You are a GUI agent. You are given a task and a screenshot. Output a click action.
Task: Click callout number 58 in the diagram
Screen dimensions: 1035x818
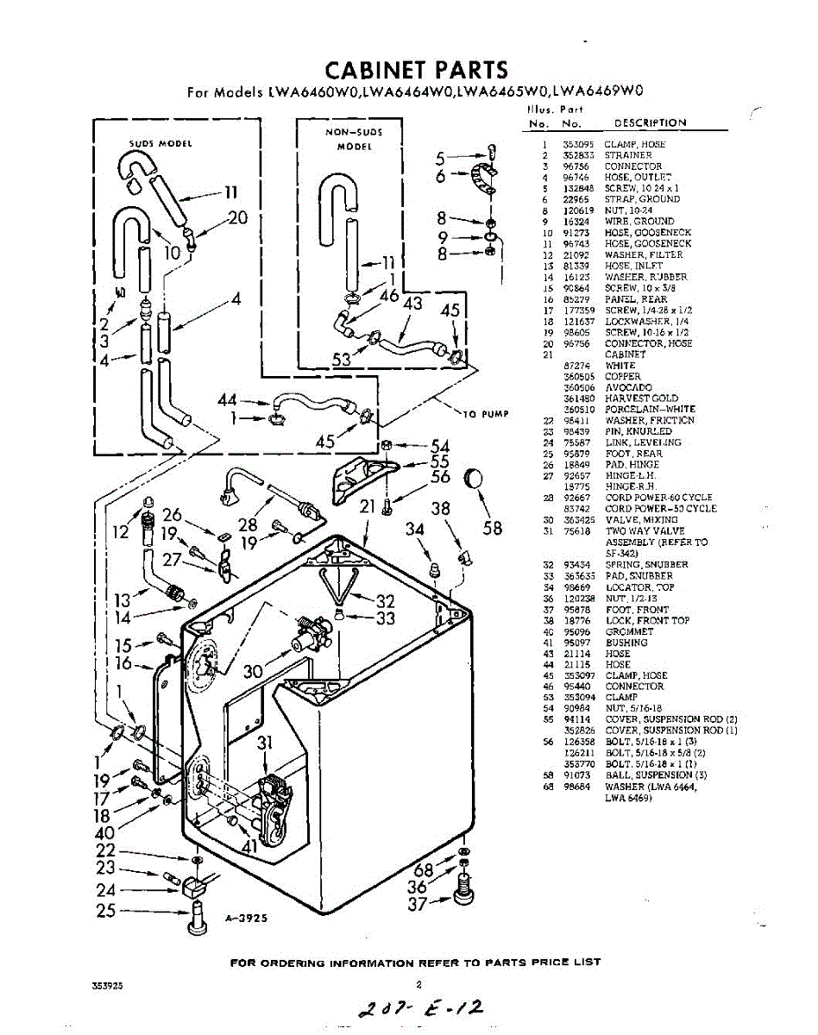pos(492,528)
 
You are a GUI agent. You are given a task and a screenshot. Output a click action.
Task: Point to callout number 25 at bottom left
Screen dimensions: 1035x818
pos(106,910)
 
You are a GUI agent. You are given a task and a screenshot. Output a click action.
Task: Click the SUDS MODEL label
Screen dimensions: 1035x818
pos(160,143)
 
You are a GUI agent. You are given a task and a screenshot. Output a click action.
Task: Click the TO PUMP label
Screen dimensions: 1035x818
pos(485,414)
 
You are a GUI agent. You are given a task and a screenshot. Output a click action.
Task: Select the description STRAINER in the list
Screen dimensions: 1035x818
pos(628,155)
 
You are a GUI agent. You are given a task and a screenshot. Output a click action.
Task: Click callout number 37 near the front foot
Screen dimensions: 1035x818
pos(418,903)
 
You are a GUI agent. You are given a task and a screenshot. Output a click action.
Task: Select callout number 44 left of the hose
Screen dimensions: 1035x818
pos(227,400)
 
